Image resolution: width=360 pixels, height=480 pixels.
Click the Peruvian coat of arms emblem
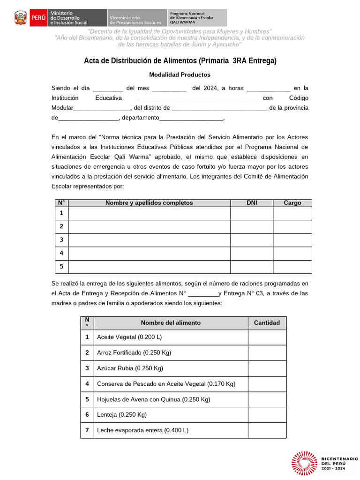(21, 18)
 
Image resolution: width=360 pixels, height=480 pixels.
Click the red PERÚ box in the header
(37, 18)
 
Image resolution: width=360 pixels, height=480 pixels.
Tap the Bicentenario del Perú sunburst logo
(305, 463)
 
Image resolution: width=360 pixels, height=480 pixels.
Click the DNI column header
(252, 203)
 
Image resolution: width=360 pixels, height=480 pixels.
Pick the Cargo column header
(292, 203)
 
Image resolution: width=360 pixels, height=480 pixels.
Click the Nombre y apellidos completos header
(149, 203)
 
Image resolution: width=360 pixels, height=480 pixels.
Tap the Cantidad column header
(267, 323)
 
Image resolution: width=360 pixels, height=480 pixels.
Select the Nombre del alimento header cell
(171, 323)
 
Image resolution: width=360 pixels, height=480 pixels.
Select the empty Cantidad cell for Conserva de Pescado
(267, 384)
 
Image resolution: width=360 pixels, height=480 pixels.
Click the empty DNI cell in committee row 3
(252, 240)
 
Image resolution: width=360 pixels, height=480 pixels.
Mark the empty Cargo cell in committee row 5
(292, 267)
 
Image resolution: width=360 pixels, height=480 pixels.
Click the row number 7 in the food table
(87, 430)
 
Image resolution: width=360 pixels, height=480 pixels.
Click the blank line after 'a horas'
(268, 89)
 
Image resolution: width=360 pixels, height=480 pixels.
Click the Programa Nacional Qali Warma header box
(197, 18)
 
